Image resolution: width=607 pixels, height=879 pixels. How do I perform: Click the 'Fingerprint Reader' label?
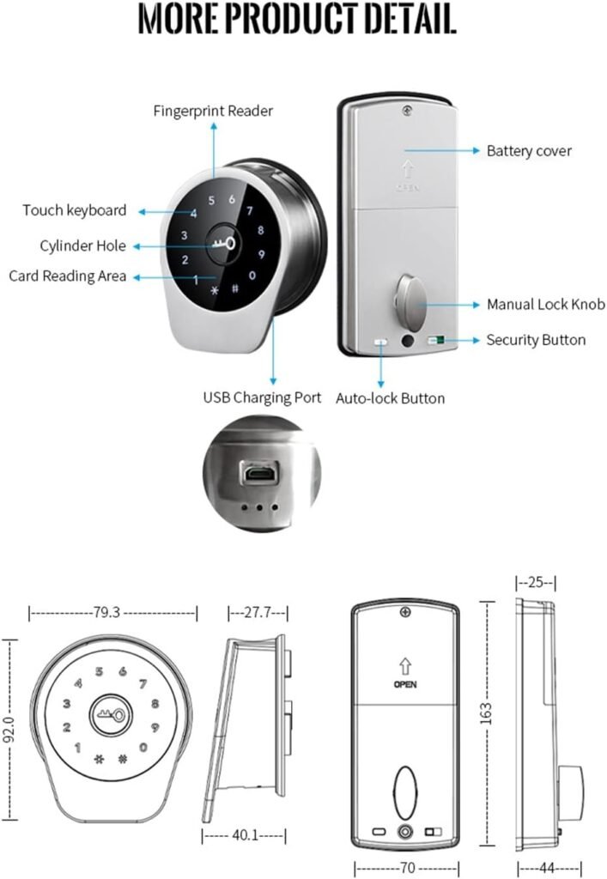pyautogui.click(x=213, y=111)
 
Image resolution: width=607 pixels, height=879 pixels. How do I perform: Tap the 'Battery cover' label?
pyautogui.click(x=529, y=151)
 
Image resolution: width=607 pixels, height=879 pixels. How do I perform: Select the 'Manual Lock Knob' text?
pyautogui.click(x=545, y=305)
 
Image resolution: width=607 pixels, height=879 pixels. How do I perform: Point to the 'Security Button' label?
pyautogui.click(x=536, y=340)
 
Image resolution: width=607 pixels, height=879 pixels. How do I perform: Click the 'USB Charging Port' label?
pyautogui.click(x=262, y=397)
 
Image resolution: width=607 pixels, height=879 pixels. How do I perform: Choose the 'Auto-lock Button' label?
pyautogui.click(x=390, y=398)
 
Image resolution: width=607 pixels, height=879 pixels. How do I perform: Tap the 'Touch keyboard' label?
pyautogui.click(x=75, y=210)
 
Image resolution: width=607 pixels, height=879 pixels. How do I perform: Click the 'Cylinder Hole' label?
pyautogui.click(x=82, y=246)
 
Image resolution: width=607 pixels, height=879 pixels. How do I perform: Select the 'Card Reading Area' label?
pyautogui.click(x=68, y=276)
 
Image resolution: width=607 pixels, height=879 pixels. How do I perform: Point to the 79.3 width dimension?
pyautogui.click(x=106, y=613)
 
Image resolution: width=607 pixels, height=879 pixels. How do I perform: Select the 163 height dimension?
pyautogui.click(x=486, y=712)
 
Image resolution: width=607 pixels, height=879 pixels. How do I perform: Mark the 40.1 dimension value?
pyautogui.click(x=243, y=835)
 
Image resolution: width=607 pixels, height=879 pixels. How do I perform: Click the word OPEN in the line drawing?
pyautogui.click(x=404, y=685)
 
